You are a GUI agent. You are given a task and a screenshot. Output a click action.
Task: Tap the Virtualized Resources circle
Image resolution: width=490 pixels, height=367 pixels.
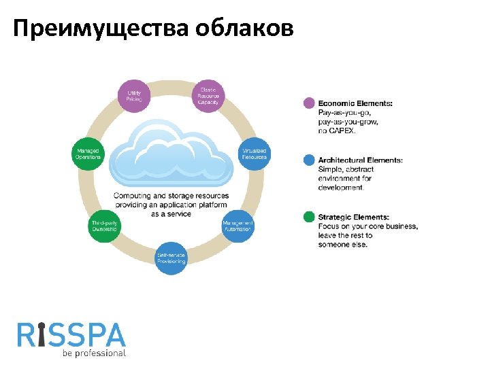click(x=254, y=154)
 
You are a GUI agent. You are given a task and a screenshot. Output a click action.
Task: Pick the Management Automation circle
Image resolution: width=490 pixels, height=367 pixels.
click(x=238, y=226)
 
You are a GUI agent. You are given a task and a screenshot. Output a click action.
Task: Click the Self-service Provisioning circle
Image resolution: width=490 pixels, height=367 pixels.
click(x=171, y=258)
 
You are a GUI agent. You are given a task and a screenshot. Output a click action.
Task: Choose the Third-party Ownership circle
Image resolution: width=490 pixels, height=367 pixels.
click(x=104, y=226)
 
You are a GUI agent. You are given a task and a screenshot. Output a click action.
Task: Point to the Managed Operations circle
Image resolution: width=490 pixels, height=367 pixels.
click(x=87, y=154)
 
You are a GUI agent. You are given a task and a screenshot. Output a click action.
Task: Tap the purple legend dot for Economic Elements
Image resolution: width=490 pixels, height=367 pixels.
click(x=309, y=103)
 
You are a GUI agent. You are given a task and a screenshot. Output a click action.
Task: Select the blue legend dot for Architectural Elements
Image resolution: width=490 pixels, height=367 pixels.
click(x=309, y=160)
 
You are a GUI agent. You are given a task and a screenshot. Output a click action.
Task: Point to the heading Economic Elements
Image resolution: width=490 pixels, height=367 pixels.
click(x=355, y=103)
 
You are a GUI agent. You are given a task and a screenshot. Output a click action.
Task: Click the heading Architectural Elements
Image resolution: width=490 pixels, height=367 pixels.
click(x=360, y=160)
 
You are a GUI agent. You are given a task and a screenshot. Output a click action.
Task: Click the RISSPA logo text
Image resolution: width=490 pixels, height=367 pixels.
click(x=71, y=335)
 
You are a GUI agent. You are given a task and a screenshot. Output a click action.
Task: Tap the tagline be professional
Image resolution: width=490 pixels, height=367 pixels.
click(x=94, y=353)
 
